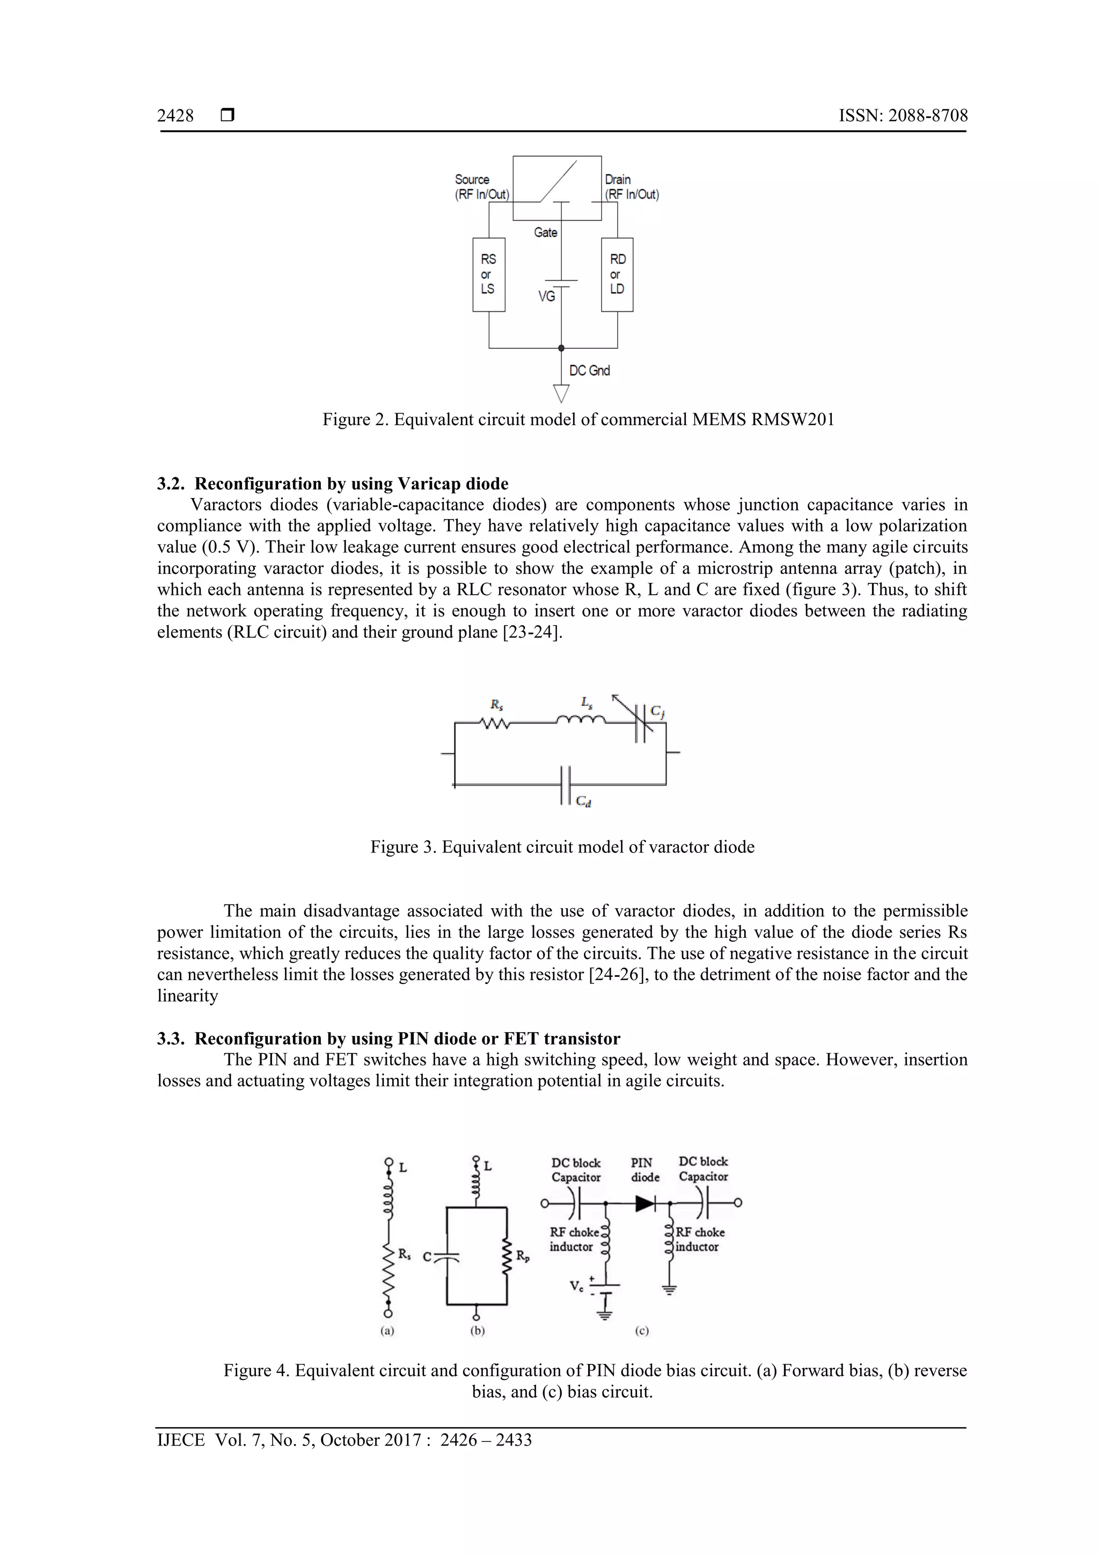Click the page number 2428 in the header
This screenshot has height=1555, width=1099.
[175, 116]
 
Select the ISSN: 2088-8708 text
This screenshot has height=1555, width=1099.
[903, 116]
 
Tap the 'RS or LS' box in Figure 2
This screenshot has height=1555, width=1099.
[488, 274]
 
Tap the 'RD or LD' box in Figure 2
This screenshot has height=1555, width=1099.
[617, 274]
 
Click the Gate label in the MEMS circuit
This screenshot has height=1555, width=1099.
[545, 232]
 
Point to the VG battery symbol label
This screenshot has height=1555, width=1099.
[546, 296]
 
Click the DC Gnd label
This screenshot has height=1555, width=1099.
[589, 370]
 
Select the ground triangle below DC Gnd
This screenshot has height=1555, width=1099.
[561, 393]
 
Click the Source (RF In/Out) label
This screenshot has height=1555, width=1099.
[481, 187]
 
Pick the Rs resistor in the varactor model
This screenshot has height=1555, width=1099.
[495, 724]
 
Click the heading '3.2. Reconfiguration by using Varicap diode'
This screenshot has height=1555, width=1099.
[333, 484]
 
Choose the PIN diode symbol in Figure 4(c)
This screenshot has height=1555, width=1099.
[644, 1203]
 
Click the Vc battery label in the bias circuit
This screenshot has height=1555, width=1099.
[576, 1286]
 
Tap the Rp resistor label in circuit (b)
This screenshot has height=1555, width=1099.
[523, 1257]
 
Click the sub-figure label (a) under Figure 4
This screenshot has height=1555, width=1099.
[387, 1331]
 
